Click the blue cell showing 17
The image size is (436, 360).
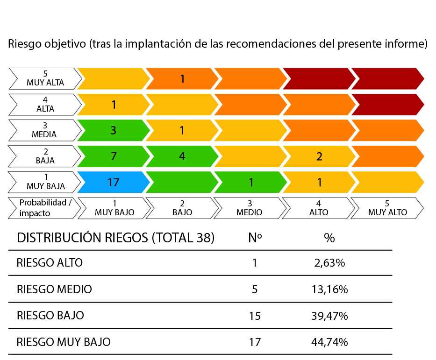click(114, 182)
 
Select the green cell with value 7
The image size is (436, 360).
click(114, 156)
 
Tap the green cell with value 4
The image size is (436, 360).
click(182, 156)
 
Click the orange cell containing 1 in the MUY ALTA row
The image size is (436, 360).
click(182, 78)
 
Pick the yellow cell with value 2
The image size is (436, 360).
click(319, 156)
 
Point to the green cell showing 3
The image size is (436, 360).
click(114, 130)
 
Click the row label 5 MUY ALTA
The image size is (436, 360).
click(45, 78)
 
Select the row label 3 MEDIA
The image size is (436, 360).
click(44, 130)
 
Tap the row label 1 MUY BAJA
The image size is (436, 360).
click(44, 182)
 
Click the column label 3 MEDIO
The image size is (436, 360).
click(250, 208)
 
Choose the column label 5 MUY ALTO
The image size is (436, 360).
click(387, 208)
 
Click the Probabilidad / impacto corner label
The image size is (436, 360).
click(44, 208)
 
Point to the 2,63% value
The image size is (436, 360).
click(329, 263)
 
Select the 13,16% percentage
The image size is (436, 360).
click(329, 289)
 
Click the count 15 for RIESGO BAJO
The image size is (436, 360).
click(255, 316)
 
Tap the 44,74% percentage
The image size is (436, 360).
click(329, 342)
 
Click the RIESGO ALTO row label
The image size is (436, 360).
click(50, 263)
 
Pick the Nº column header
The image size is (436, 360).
click(255, 238)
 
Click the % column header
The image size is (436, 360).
click(329, 238)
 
